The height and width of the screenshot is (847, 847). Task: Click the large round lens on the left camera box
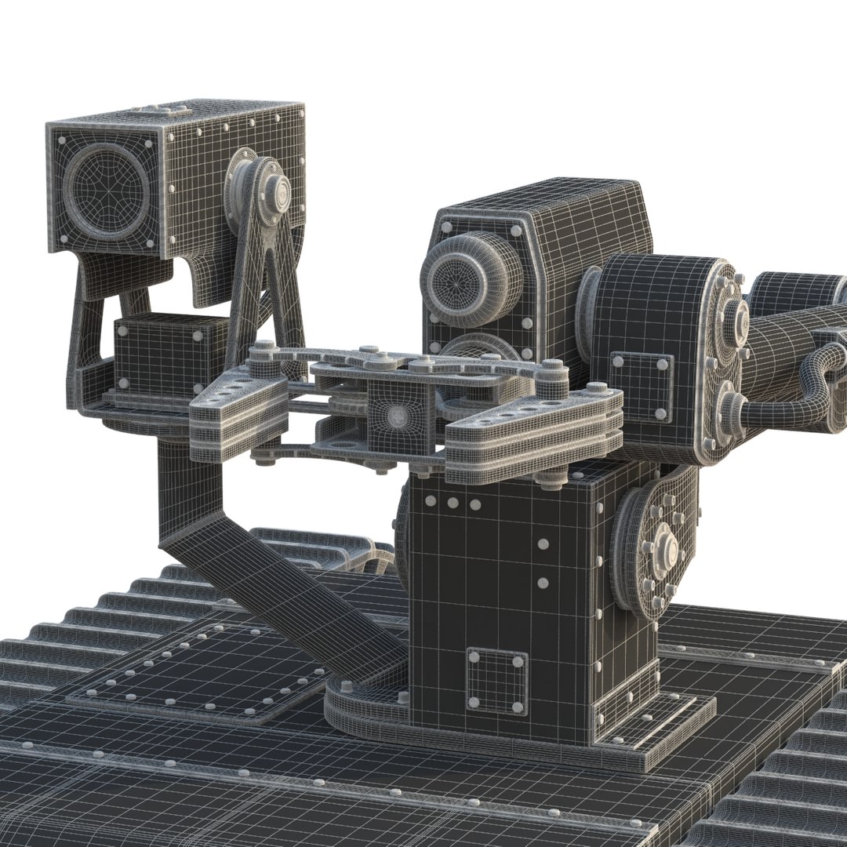pos(106,189)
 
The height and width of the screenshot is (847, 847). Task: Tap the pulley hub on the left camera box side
pos(271,189)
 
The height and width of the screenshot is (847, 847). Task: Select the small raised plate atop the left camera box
pos(161,111)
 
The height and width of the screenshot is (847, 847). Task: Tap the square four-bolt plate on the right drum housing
pos(641,376)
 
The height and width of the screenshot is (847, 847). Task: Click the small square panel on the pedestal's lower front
pos(496,681)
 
